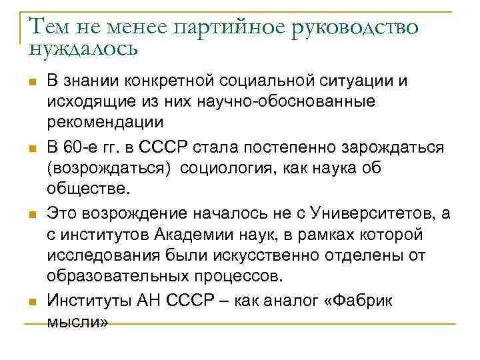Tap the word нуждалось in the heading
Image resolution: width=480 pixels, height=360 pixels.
(83, 48)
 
